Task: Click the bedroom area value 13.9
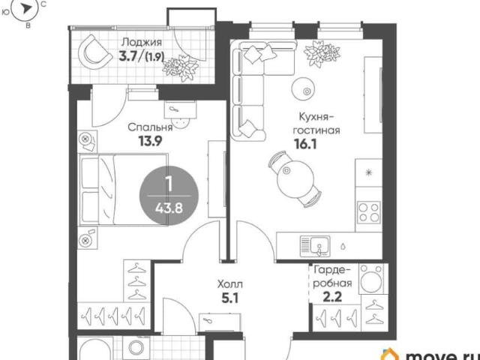pos(150,141)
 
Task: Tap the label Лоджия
pos(142,42)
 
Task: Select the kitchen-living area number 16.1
pos(305,144)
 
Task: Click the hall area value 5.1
pos(230,298)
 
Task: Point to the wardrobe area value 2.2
pos(332,297)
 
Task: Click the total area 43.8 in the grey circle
pos(169,208)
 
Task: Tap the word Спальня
pos(150,127)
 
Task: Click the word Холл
pos(230,285)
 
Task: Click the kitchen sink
pos(315,245)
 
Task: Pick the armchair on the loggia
pos(94,52)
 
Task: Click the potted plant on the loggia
pos(181,68)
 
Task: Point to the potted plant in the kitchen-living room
pos(322,52)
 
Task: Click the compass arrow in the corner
pos(27,8)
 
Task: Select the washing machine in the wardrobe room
pos(371,278)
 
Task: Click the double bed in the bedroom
pos(124,190)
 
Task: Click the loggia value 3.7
pos(128,56)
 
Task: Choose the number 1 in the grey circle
pos(168,184)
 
